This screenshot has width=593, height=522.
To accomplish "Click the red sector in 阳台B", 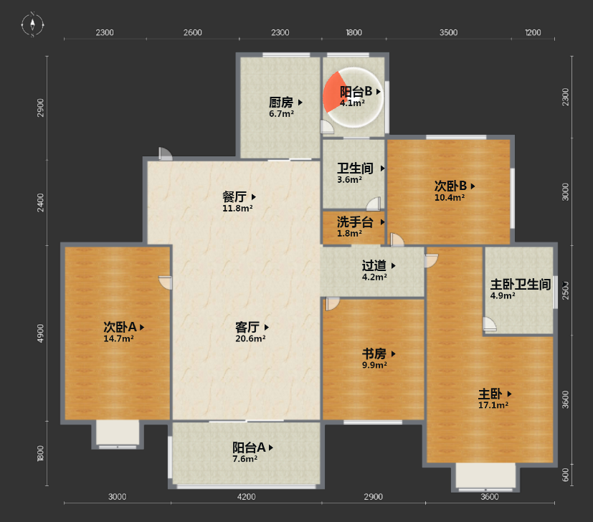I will (x=332, y=93).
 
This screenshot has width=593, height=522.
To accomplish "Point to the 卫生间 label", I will (x=356, y=169).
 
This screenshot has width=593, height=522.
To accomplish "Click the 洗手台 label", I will (x=356, y=222).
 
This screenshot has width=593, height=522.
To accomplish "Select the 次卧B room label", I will (x=450, y=185).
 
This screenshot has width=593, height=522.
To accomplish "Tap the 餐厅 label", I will (x=234, y=196).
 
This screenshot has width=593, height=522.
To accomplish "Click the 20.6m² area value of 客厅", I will (x=251, y=338).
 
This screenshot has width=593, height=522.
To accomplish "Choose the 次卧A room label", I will (x=120, y=327).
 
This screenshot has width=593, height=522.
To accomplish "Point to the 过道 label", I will (x=374, y=265).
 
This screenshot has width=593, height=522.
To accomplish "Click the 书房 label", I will (x=374, y=353).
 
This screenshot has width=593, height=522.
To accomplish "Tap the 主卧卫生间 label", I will (x=520, y=284).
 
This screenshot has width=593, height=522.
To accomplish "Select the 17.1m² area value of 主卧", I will (x=493, y=405).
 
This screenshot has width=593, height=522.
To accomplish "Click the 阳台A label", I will (x=249, y=447).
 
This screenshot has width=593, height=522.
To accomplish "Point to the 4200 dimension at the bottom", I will (x=246, y=497).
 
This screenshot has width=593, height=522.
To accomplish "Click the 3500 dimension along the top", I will (x=448, y=32).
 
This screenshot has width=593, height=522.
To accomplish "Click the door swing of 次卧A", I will (x=166, y=282).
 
